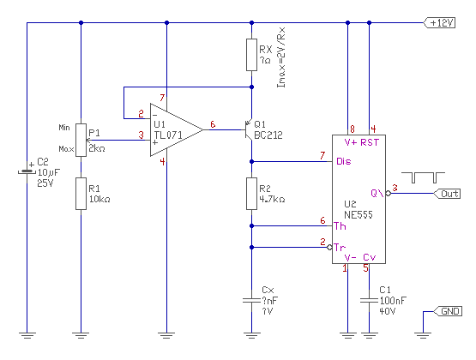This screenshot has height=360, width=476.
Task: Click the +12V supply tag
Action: tap(439, 23)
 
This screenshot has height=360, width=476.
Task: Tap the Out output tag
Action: tap(447, 194)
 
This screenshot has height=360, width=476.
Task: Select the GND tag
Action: tap(448, 311)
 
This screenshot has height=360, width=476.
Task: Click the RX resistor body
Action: tap(251, 55)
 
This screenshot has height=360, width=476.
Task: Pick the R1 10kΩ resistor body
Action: tap(81, 194)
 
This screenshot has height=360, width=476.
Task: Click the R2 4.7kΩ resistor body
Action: tap(251, 194)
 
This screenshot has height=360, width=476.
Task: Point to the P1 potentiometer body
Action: tap(81, 140)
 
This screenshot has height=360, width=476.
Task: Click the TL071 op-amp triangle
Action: tap(177, 129)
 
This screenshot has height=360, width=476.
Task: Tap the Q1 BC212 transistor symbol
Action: tap(249, 129)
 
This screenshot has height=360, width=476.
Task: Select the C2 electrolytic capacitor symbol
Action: tap(27, 172)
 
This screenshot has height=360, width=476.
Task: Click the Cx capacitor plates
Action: tap(251, 301)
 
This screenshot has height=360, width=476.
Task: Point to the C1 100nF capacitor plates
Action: tap(369, 301)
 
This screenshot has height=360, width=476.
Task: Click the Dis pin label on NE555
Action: tap(344, 161)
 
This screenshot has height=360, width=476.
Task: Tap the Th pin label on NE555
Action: tap(340, 226)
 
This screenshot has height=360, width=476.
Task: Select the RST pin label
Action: tap(370, 142)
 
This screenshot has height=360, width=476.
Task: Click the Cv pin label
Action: tap(370, 257)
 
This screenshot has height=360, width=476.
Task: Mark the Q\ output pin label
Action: tap(377, 193)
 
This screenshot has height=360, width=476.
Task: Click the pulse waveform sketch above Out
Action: tap(423, 177)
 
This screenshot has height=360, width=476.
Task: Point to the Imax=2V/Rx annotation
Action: tap(281, 57)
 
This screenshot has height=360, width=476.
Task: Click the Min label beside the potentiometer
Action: tap(64, 128)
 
